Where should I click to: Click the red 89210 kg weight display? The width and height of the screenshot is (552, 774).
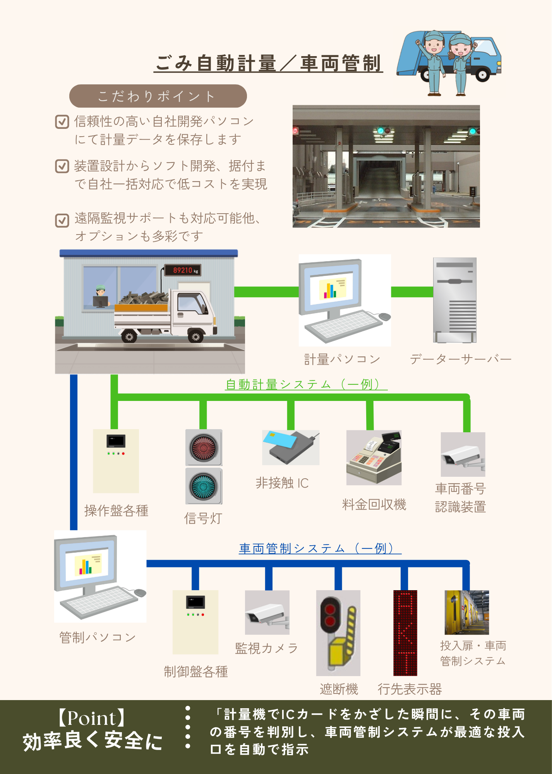(182, 270)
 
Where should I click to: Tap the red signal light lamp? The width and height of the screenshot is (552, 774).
(204, 448)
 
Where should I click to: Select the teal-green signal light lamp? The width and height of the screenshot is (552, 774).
(204, 486)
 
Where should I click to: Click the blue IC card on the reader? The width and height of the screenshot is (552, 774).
(279, 440)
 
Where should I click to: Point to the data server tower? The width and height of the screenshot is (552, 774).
(455, 300)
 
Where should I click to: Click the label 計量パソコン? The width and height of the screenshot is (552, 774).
(342, 359)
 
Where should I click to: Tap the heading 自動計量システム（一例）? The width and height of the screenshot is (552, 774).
(306, 384)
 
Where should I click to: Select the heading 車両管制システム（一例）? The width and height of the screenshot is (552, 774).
(320, 548)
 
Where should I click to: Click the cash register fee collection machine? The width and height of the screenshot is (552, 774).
(374, 457)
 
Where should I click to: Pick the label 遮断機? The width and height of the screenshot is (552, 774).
(339, 689)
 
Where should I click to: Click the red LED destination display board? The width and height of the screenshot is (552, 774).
(405, 633)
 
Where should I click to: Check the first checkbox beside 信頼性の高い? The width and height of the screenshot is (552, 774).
(62, 122)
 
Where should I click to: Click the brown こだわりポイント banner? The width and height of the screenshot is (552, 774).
(158, 96)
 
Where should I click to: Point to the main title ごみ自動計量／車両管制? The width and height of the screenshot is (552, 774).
(268, 63)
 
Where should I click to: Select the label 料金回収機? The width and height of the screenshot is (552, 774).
(374, 504)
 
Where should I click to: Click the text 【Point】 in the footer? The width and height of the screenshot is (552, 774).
(92, 718)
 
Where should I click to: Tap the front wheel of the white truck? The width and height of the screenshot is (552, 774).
(195, 336)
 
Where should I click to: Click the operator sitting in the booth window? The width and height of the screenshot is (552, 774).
(101, 296)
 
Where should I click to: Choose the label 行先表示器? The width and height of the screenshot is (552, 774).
(410, 689)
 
